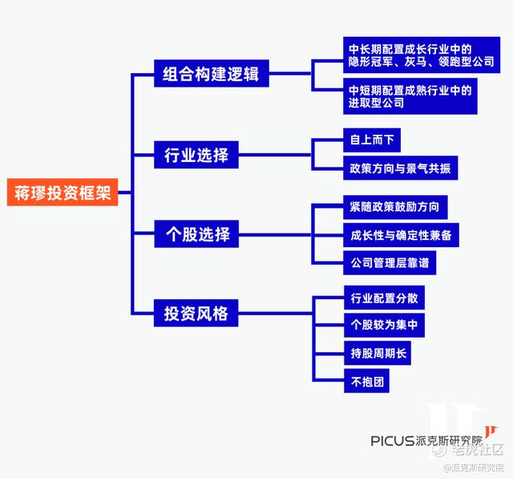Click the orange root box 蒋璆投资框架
(x=62, y=193)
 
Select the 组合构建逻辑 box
(x=211, y=74)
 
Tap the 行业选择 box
(x=196, y=154)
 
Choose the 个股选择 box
(x=196, y=234)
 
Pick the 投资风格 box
(x=196, y=313)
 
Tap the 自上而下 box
(x=370, y=140)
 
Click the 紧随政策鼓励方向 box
(x=394, y=207)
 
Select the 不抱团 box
(x=366, y=381)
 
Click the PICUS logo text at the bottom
(x=392, y=440)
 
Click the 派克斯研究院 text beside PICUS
(x=450, y=440)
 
